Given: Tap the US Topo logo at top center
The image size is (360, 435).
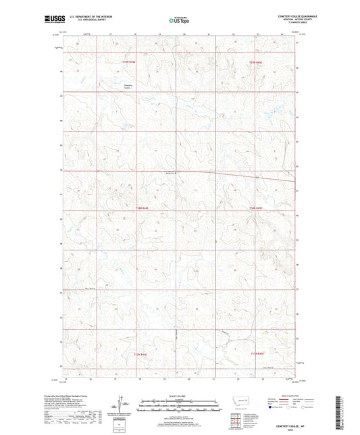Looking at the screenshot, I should tap(177, 20).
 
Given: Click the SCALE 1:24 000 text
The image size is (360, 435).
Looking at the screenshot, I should tap(180, 396).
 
